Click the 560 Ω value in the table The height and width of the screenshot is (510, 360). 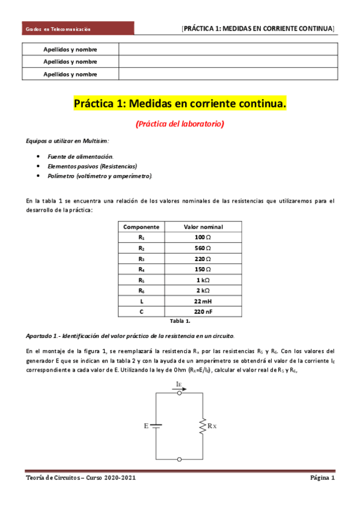203,248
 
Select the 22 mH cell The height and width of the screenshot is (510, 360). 203,301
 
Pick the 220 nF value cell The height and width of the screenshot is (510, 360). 203,312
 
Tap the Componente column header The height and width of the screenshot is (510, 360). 141,227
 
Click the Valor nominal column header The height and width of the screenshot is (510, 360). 203,227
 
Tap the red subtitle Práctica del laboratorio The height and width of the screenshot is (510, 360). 180,124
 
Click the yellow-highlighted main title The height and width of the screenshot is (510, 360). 180,104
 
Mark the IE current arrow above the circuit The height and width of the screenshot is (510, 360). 180,386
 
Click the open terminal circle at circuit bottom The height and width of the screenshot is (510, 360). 180,459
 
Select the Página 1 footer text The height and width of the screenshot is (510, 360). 322,478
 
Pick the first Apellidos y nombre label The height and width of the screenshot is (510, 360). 70,49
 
